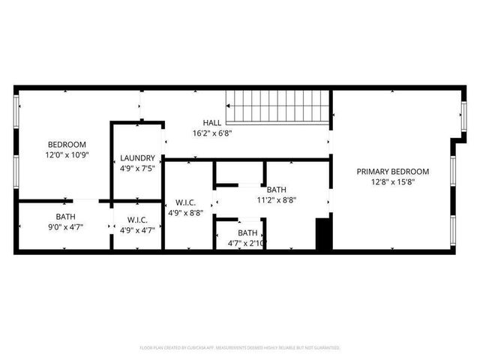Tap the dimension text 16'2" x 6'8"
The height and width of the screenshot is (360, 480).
click(x=213, y=133)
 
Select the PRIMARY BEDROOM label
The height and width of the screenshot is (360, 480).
click(x=392, y=171)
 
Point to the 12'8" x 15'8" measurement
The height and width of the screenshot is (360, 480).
click(x=392, y=181)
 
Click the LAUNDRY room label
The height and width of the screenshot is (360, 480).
click(x=137, y=158)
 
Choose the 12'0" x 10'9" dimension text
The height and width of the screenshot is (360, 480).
click(x=67, y=155)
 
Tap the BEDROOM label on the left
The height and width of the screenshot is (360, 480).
click(x=67, y=145)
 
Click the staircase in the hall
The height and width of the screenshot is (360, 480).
click(x=278, y=106)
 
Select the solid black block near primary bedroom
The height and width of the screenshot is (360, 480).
click(x=323, y=234)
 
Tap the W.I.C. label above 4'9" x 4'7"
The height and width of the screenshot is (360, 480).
click(x=137, y=220)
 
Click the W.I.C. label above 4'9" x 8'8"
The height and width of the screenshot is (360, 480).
click(x=187, y=202)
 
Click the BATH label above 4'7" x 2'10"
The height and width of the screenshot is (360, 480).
click(x=247, y=233)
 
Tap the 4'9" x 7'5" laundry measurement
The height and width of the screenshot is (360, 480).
click(x=137, y=169)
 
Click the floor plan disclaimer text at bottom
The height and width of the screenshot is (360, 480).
click(x=240, y=348)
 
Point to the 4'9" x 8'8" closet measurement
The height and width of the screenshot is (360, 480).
click(x=187, y=213)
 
